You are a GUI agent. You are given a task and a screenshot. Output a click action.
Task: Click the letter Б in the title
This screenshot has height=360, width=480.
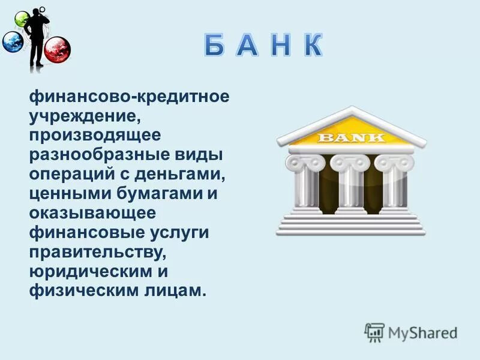(218, 47)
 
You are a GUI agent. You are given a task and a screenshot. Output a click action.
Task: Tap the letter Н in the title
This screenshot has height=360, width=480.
(278, 47)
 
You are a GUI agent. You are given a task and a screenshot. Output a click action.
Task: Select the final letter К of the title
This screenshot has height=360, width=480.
(311, 47)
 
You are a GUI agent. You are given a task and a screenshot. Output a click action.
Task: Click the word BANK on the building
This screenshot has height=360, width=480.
(351, 137)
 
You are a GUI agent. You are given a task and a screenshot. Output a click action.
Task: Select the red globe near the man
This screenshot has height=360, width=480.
(58, 48)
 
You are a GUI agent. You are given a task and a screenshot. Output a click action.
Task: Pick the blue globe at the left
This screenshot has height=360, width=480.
(12, 43)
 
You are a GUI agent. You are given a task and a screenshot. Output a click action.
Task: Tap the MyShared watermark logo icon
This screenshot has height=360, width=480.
(374, 332)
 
